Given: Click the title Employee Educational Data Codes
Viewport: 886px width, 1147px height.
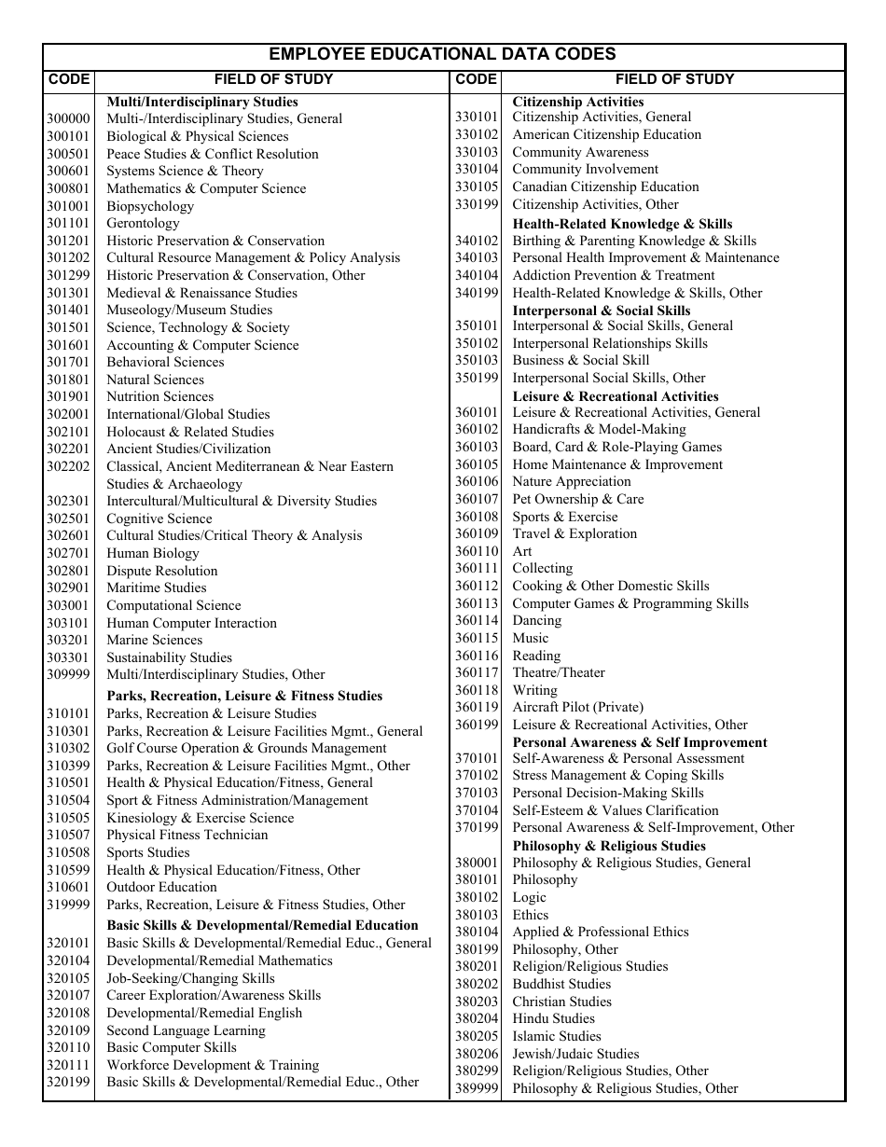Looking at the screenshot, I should click(x=442, y=55).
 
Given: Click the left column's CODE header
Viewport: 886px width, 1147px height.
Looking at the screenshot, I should click(x=68, y=79).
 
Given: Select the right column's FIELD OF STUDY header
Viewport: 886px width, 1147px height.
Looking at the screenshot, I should click(x=674, y=79).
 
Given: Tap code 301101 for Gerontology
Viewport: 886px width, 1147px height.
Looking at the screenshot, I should click(x=68, y=224).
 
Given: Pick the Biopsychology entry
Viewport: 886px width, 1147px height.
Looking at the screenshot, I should click(x=150, y=206).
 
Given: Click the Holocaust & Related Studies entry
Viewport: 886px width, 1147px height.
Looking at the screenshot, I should click(x=190, y=432).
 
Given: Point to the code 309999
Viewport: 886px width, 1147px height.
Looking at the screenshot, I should click(x=68, y=675).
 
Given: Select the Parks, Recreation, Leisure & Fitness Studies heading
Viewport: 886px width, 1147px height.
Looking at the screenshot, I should click(x=244, y=696).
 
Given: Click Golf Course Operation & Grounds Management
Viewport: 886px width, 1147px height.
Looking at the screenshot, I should click(x=246, y=749).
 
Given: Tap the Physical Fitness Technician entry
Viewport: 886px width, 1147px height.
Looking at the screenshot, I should click(x=187, y=836).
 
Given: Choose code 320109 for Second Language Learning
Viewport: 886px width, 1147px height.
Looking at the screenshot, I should click(x=68, y=1031).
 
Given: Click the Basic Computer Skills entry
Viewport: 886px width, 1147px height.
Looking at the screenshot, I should click(x=172, y=1048).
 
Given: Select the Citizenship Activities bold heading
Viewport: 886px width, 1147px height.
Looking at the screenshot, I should click(x=578, y=102).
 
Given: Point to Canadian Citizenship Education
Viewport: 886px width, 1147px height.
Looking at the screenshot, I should click(x=605, y=187).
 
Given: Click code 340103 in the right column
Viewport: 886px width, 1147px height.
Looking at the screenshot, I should click(x=477, y=258).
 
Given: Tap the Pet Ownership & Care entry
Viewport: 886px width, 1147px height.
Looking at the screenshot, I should click(x=578, y=499).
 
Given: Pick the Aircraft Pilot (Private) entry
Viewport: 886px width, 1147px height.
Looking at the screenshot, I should click(x=577, y=708).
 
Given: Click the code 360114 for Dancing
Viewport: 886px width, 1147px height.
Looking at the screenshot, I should click(x=477, y=621).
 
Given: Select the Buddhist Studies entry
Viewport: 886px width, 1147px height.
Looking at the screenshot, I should click(x=561, y=984).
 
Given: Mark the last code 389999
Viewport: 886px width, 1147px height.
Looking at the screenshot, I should click(x=477, y=1089).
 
